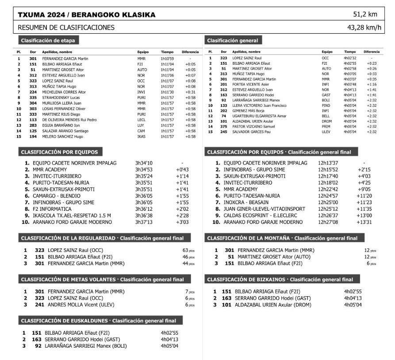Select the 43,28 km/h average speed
click(x=364, y=27)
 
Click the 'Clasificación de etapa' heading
click(x=48, y=41)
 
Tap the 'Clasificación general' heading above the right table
click(x=232, y=41)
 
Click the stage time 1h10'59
click(x=167, y=58)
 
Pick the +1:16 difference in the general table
click(x=372, y=84)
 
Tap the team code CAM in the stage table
click(x=142, y=131)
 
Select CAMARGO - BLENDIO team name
click(x=57, y=196)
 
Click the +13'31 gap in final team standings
click(x=366, y=222)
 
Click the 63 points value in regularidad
click(x=186, y=250)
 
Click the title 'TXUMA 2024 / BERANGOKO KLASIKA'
click(x=87, y=15)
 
